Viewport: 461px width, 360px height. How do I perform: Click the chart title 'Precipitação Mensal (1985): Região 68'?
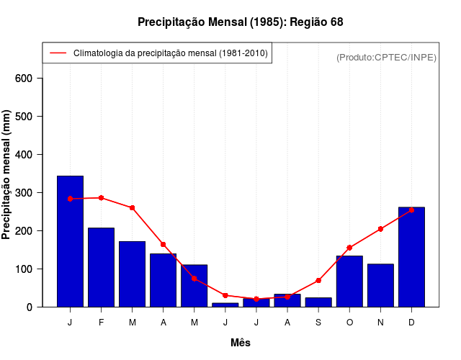tap(240, 22)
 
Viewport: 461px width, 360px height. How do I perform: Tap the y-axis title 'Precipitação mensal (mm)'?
tap(6, 174)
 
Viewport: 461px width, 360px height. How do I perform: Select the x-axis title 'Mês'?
tap(241, 343)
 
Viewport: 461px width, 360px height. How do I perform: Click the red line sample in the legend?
tap(58, 53)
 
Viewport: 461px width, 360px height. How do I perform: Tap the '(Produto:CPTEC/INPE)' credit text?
tap(386, 57)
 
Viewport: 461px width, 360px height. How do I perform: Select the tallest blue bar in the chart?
tap(70, 241)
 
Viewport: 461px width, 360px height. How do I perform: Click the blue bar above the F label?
tap(101, 267)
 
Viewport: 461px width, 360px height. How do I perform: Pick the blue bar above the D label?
tap(411, 257)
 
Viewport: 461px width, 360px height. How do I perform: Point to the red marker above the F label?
tap(101, 197)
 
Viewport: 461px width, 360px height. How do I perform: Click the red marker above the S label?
tap(318, 280)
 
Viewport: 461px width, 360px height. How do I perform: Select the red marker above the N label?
tap(380, 229)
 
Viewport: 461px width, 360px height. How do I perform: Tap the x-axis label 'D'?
tap(411, 323)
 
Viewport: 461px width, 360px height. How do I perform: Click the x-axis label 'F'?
tap(101, 323)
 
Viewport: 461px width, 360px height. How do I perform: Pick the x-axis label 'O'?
tap(349, 323)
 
